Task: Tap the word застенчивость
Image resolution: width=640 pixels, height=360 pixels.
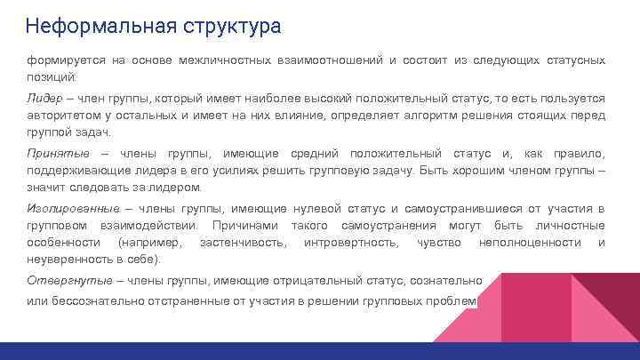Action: click(243, 242)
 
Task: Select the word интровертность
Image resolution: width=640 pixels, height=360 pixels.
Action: click(350, 242)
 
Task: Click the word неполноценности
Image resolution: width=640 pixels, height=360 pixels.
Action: click(529, 242)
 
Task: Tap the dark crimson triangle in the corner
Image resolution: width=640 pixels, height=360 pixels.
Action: click(613, 293)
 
